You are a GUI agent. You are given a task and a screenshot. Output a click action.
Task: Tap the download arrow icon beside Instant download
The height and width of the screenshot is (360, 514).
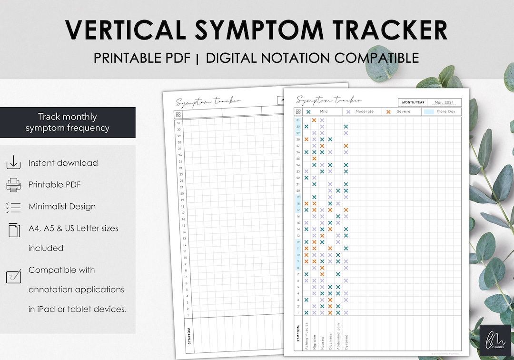coord(13,163)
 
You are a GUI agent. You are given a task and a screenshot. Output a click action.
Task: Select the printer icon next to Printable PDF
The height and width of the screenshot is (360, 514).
coord(13,185)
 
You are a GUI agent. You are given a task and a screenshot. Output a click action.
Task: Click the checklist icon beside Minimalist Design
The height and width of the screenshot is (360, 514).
coord(13,207)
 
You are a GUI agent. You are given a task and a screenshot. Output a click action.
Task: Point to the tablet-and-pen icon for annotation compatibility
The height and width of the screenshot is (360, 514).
coord(13,276)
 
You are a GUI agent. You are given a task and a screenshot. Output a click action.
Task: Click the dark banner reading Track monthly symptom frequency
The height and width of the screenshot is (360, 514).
coord(68,122)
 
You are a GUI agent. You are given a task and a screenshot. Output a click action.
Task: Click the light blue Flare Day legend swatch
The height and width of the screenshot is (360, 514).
coord(428,112)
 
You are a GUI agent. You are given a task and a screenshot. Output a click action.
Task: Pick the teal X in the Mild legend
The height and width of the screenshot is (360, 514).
coord(308,112)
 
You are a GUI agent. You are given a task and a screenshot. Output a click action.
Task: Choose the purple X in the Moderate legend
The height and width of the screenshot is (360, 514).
coord(348,112)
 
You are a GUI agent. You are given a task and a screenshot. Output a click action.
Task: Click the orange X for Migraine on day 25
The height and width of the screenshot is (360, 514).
coord(314,159)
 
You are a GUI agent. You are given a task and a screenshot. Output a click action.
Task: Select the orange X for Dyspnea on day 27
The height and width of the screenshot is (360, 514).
coord(346,146)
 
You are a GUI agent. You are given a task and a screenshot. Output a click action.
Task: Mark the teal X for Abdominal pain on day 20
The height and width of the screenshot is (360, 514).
coord(338,190)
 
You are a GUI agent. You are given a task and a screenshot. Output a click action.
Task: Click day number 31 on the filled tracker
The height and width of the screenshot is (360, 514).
coord(298,120)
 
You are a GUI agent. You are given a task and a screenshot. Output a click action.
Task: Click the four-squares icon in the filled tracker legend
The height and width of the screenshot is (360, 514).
coord(298,112)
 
